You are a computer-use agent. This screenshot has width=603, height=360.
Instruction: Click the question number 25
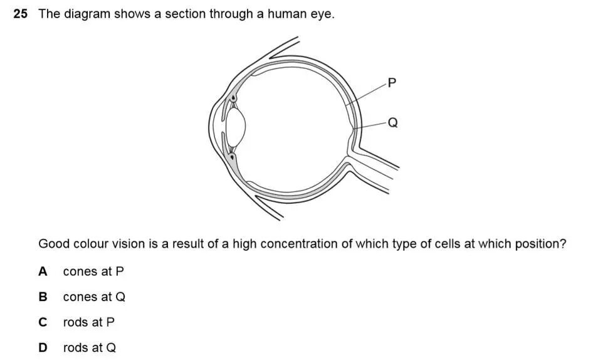(x=20, y=14)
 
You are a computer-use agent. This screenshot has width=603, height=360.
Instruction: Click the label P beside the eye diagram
(x=392, y=83)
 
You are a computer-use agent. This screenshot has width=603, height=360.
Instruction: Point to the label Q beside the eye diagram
(x=393, y=123)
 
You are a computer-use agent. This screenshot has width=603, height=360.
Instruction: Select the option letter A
(x=43, y=272)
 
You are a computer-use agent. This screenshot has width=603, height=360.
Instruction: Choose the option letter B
(x=43, y=297)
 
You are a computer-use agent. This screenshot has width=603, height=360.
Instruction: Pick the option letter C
(x=43, y=322)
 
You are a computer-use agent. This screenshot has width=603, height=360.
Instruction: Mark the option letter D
(x=43, y=347)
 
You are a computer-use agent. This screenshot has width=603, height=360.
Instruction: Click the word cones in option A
(x=80, y=272)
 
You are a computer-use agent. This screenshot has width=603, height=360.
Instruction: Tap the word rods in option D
(x=76, y=347)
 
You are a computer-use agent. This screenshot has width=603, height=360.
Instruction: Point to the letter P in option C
(x=111, y=322)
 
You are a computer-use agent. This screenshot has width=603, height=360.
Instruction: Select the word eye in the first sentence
(x=322, y=14)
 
